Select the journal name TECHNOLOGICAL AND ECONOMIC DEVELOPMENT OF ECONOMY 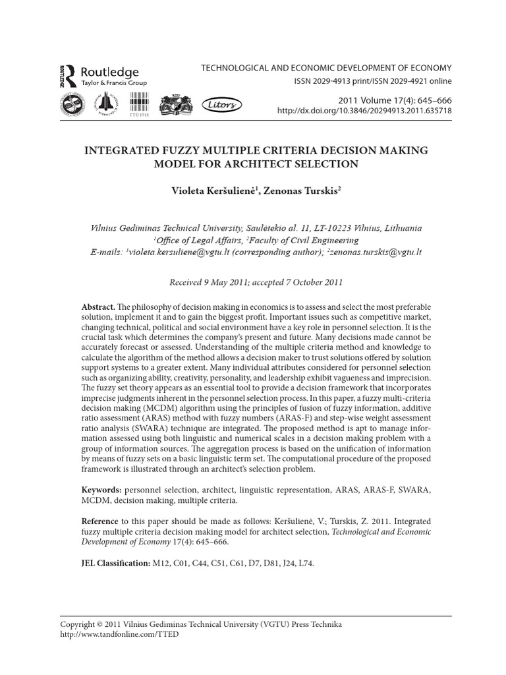coord(326,68)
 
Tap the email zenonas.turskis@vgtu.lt coord(376,252)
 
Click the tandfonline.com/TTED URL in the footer coord(119,634)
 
